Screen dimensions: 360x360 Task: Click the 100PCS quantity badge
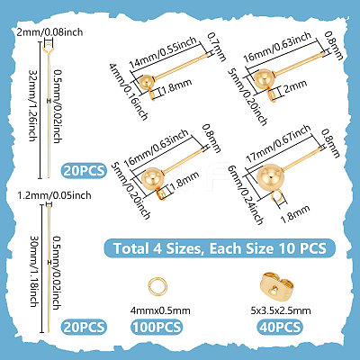157,327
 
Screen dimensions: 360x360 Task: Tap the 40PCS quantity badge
280,327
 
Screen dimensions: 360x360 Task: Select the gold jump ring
157,286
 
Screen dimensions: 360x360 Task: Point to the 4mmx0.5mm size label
160,310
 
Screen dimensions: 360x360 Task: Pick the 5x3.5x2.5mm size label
281,310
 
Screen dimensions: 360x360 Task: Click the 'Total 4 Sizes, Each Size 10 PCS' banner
220,248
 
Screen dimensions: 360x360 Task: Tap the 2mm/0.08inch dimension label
49,32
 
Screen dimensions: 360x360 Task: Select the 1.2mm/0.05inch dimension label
54,195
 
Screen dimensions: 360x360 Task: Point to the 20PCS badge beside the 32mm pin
85,171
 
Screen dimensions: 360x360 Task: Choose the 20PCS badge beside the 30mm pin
85,327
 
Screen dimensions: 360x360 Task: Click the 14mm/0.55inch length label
163,52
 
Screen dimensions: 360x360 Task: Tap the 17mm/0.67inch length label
278,144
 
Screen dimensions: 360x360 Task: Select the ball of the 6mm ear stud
271,178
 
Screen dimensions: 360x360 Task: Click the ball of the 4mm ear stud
146,82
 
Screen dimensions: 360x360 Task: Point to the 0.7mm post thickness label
217,47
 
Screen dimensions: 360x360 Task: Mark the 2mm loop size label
295,87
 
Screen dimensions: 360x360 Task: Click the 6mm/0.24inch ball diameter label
246,195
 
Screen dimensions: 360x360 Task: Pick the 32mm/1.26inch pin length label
32,105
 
